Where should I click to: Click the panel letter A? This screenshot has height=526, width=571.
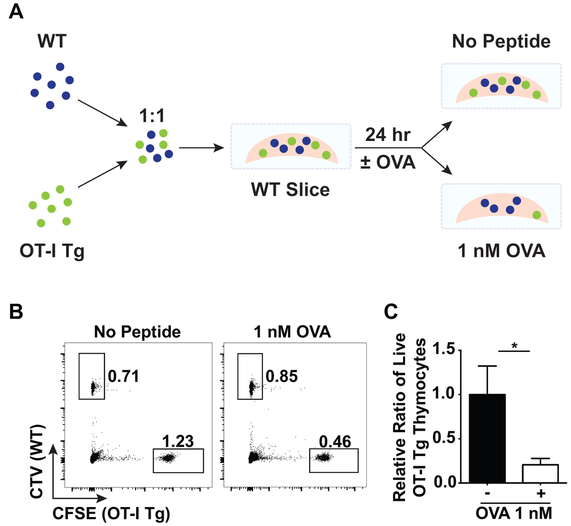16,11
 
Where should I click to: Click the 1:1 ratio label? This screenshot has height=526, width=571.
152,116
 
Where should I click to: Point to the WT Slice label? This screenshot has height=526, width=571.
290,190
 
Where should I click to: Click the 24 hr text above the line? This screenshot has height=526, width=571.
387,135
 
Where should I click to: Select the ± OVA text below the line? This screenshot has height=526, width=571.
388,162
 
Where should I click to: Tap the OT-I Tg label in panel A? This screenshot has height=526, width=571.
52,250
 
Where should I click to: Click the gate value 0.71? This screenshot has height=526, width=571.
124,377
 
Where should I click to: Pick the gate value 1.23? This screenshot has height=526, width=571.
178,442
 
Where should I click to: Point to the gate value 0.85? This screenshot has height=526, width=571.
282,377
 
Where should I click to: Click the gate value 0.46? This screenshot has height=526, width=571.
335,442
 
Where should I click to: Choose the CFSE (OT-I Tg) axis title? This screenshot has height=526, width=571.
111,513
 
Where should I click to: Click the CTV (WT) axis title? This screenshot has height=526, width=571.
37,462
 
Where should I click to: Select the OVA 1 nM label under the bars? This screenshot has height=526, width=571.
514,513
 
